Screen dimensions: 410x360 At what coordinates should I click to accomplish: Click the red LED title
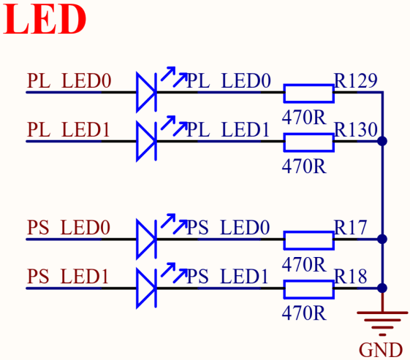click(x=45, y=19)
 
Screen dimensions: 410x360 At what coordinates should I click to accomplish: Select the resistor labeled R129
click(x=309, y=93)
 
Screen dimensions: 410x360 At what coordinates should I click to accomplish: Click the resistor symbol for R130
click(x=309, y=142)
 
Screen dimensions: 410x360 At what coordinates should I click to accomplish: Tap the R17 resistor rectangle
click(x=309, y=240)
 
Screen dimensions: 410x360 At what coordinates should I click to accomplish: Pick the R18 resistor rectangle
click(x=309, y=289)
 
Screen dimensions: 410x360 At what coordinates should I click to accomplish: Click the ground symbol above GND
click(x=382, y=323)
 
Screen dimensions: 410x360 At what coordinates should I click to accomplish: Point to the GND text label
click(x=381, y=350)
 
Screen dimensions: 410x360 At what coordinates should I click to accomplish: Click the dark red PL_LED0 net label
click(x=69, y=81)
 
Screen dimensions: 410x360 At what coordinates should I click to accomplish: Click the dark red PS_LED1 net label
click(x=68, y=277)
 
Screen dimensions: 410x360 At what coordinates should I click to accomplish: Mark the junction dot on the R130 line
click(x=382, y=142)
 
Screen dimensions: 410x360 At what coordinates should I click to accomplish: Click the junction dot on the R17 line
click(x=382, y=239)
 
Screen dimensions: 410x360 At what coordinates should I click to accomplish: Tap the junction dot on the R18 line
click(x=382, y=288)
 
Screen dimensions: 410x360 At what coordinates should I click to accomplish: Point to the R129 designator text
click(x=356, y=80)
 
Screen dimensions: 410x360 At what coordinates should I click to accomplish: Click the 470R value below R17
click(x=304, y=264)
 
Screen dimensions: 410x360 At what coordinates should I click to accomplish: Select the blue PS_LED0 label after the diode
click(x=228, y=227)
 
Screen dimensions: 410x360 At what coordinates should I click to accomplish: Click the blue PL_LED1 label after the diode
click(x=228, y=129)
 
